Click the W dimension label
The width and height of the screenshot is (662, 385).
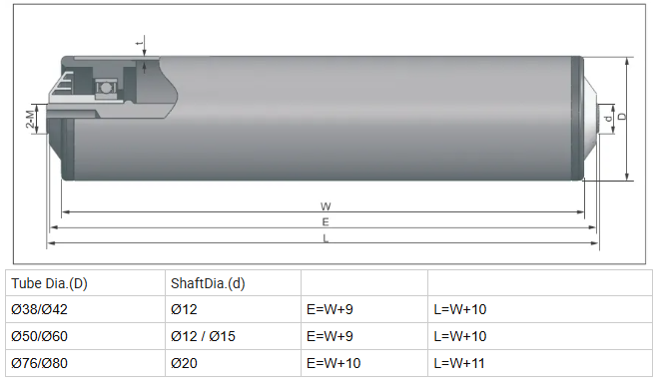tap(326, 206)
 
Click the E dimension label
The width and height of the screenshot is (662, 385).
tap(326, 221)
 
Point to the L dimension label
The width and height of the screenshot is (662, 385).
tap(326, 238)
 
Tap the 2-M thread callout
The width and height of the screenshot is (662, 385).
tap(30, 119)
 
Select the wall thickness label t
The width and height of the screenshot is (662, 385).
tap(139, 43)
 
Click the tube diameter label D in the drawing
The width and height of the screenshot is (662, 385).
tap(622, 116)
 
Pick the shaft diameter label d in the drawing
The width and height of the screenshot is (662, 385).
tap(608, 119)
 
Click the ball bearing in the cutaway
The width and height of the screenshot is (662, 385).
tap(105, 88)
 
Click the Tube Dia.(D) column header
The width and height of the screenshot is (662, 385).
tap(49, 283)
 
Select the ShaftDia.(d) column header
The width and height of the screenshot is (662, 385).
tap(208, 283)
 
